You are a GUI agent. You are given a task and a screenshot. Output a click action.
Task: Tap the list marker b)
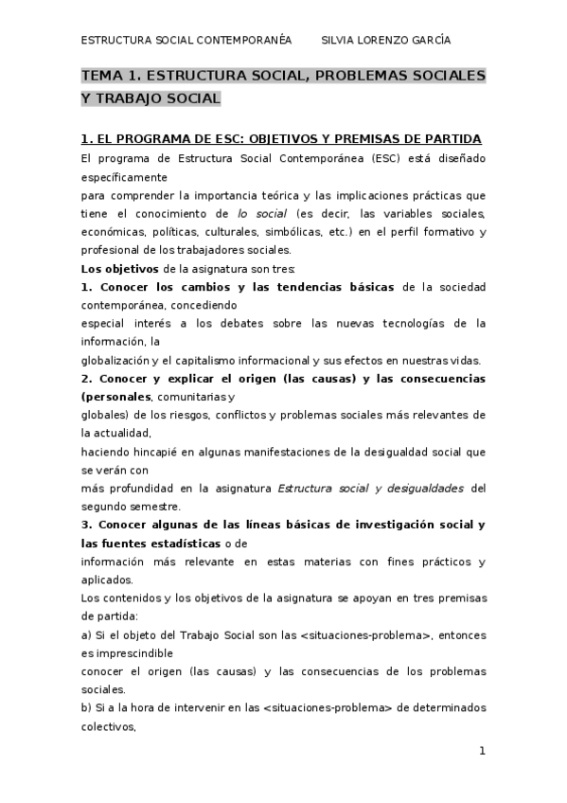[87, 708]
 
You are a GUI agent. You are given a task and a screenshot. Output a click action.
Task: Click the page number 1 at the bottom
[482, 751]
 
